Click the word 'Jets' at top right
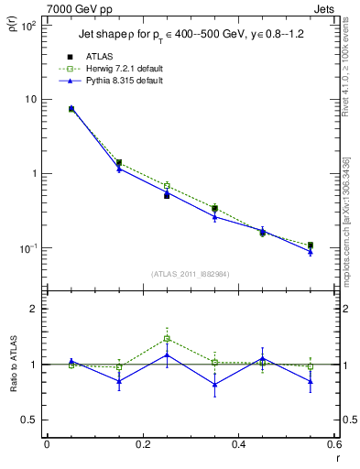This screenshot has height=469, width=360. (x=325, y=8)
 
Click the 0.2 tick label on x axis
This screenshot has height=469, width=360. (x=142, y=444)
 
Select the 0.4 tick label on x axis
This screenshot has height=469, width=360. (x=238, y=444)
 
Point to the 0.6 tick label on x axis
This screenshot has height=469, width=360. (x=333, y=444)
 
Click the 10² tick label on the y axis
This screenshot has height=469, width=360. (x=27, y=25)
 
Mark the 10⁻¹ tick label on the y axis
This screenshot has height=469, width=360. (x=27, y=248)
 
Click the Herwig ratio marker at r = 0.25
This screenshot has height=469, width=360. (x=167, y=339)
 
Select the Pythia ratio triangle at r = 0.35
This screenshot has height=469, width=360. (x=214, y=385)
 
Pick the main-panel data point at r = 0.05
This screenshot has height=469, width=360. (x=71, y=109)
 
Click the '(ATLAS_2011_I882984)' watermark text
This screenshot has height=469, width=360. (x=191, y=274)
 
